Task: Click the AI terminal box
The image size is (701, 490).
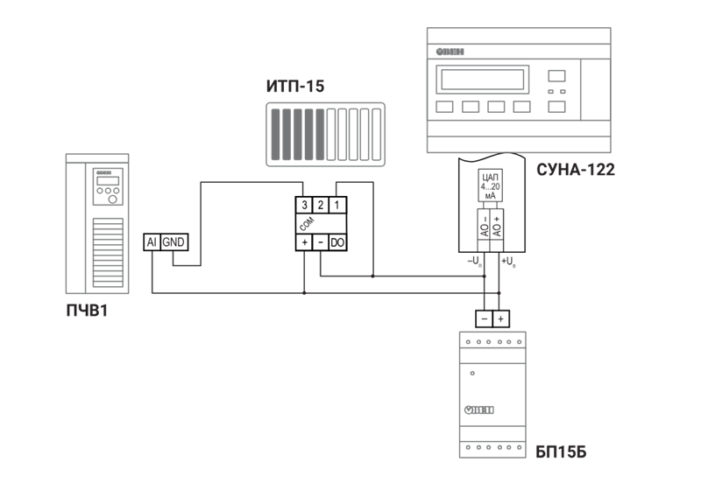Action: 151,242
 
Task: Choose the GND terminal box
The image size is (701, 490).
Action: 173,242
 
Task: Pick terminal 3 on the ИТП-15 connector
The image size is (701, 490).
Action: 303,205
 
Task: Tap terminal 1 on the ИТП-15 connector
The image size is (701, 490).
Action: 337,205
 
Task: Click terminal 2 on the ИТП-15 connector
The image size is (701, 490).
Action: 321,205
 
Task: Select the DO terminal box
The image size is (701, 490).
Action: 337,241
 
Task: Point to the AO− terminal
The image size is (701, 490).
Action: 483,225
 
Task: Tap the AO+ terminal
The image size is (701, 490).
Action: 498,225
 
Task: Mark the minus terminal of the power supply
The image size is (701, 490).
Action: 484,319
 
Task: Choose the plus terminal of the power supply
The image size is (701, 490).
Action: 500,319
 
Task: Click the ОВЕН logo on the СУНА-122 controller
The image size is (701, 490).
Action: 452,52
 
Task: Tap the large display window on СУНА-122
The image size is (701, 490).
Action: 481,80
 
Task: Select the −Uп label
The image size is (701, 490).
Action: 474,261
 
